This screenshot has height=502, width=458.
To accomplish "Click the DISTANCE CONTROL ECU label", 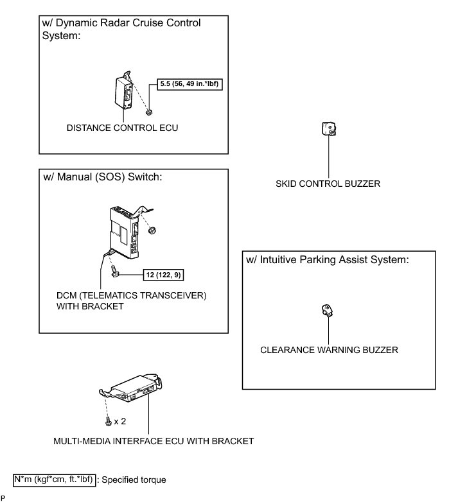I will tap(122, 128).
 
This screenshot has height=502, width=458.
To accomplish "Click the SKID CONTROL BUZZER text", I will tap(328, 184).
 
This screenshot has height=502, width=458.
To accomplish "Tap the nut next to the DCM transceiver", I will tap(152, 229).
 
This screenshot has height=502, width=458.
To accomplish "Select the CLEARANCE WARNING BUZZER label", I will tap(329, 350).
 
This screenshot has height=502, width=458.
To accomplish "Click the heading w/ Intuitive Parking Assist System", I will tap(328, 260).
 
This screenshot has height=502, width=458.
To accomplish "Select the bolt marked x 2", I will tap(108, 421).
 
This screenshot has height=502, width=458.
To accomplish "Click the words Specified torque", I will tap(134, 479).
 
